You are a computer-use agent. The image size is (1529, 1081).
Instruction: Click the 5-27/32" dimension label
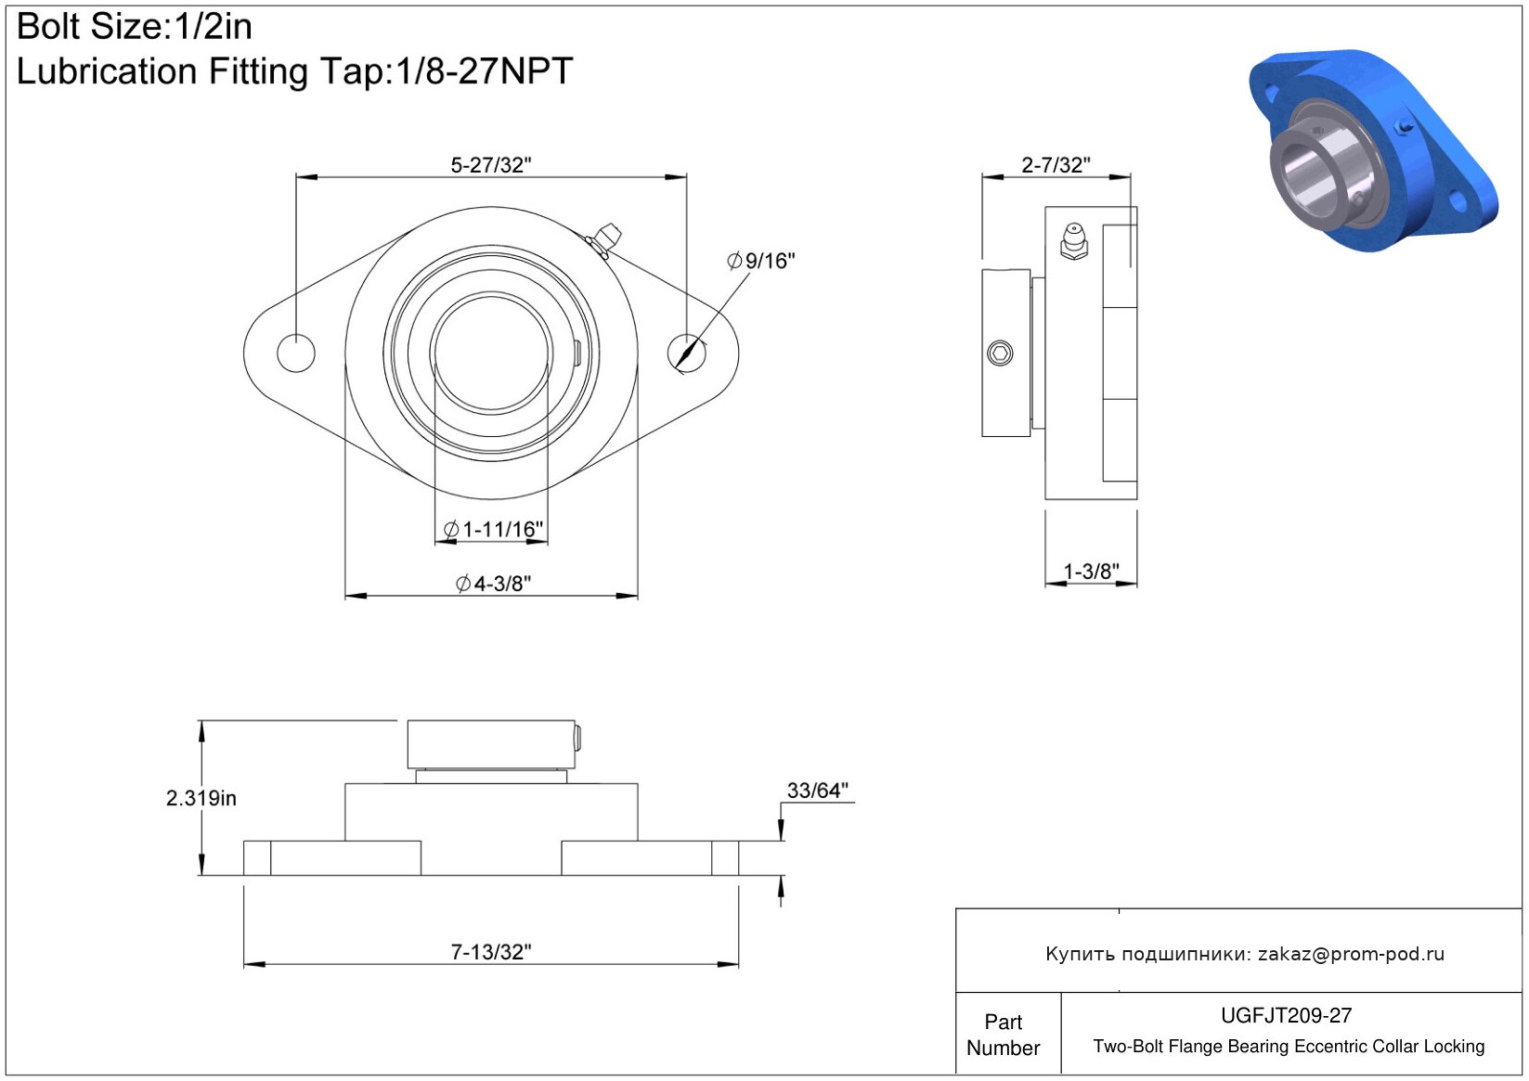point(491,165)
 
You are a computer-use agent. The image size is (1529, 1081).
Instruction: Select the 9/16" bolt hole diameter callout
point(761,261)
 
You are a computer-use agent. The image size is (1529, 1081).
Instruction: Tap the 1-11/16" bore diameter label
point(494,529)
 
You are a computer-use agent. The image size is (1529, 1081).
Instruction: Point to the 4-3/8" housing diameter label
point(493,584)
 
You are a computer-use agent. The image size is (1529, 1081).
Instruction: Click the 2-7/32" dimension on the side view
point(1056,165)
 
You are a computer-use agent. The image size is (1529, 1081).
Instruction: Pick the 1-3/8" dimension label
point(1092,572)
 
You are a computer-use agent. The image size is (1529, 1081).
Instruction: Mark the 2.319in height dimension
point(201,798)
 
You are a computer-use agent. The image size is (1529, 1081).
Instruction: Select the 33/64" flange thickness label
point(818,791)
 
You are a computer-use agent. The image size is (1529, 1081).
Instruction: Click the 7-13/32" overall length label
point(491,951)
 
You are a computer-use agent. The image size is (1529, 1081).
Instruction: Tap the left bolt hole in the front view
point(296,353)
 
